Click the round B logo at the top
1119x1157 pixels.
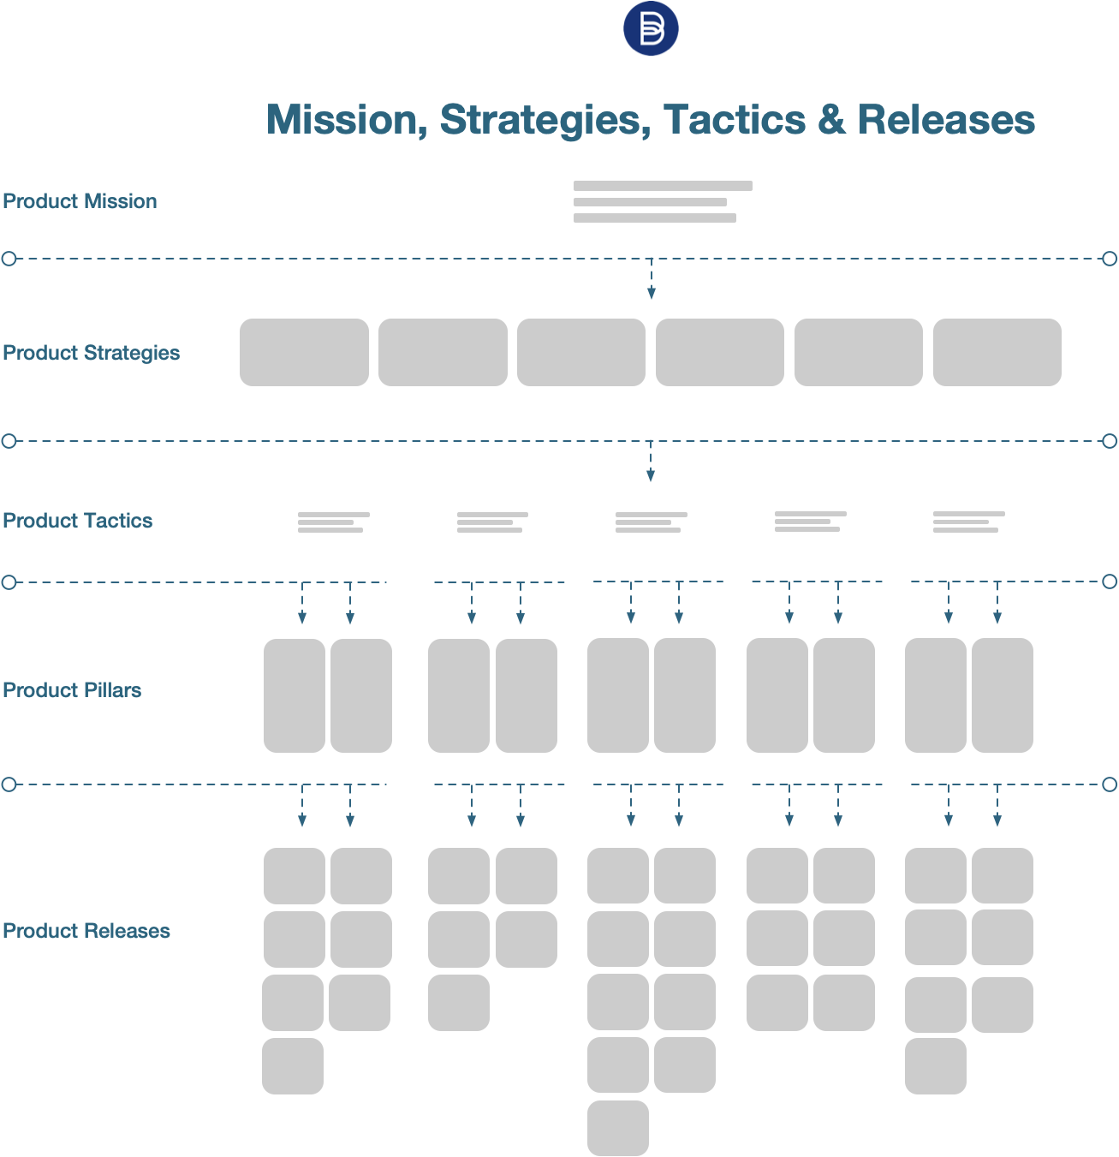coord(651,28)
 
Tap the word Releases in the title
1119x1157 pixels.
coord(946,120)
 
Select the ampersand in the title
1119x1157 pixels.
coord(830,120)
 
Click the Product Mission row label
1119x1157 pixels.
coord(80,201)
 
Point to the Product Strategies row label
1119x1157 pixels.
coord(92,353)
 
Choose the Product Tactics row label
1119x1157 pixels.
coord(78,521)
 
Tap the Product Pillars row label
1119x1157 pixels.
coord(73,690)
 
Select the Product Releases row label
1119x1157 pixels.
coord(86,931)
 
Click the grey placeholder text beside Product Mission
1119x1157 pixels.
coord(659,202)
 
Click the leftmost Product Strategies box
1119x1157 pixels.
coord(304,352)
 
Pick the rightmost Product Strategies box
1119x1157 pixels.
coord(997,352)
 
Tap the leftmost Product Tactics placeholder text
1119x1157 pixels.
coord(333,522)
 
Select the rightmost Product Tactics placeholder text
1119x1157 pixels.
coord(968,522)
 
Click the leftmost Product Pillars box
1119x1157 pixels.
coord(295,695)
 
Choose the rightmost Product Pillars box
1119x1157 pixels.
coord(1003,695)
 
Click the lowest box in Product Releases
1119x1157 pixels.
coord(618,1128)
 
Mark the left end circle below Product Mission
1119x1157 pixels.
coord(9,259)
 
